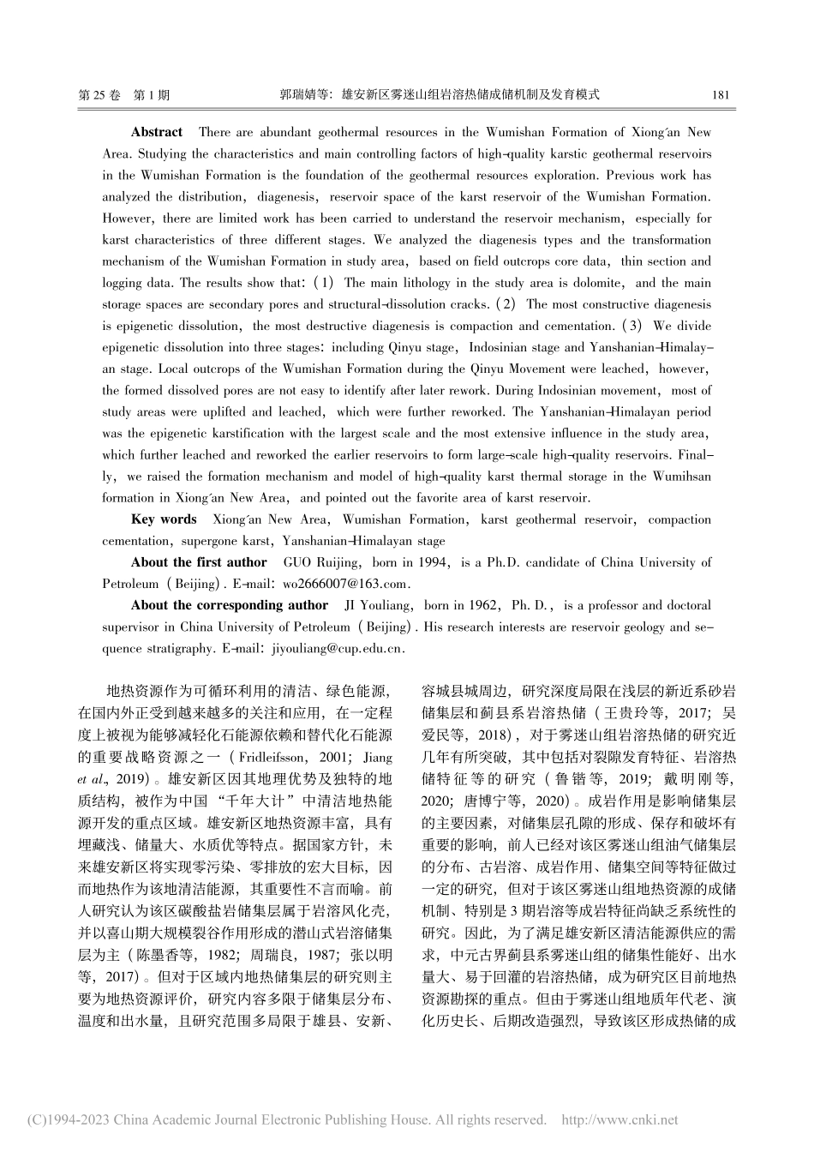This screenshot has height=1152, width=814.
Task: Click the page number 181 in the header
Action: pyautogui.click(x=721, y=95)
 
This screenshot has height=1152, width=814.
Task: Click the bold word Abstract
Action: pyautogui.click(x=156, y=132)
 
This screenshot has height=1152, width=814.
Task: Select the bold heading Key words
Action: pyautogui.click(x=164, y=519)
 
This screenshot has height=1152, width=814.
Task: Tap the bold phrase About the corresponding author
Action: pyautogui.click(x=230, y=605)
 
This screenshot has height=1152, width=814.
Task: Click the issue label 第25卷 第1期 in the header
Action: pyautogui.click(x=123, y=95)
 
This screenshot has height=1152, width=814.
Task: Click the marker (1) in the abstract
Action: pyautogui.click(x=326, y=283)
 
